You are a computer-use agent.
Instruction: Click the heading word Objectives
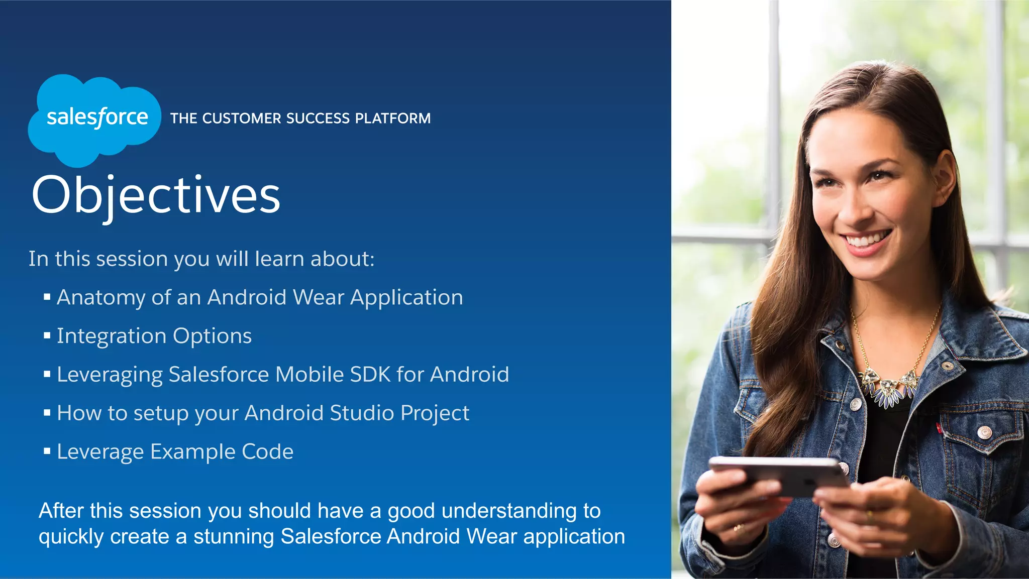pos(156,196)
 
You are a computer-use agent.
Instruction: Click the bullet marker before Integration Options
pos(47,335)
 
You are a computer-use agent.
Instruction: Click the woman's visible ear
pos(944,178)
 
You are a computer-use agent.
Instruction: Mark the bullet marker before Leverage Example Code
pos(47,451)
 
